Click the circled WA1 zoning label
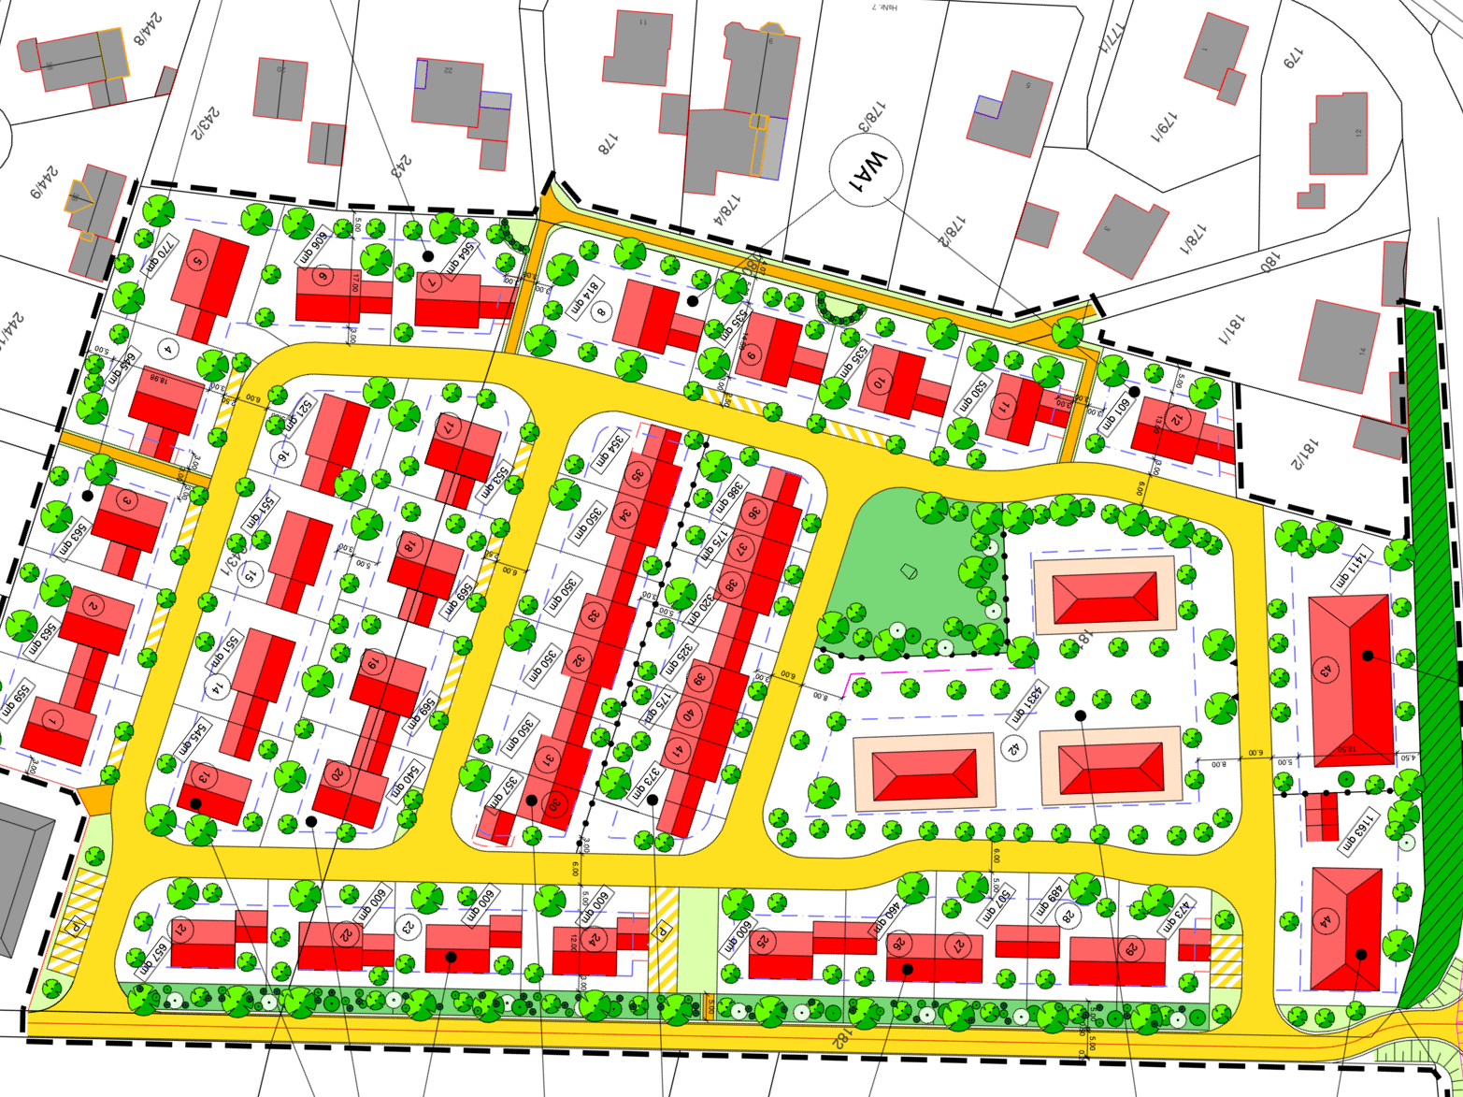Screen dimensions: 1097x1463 [866, 170]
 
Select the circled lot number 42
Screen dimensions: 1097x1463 [1011, 747]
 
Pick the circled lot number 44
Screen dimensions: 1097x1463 [1325, 921]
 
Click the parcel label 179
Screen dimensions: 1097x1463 [1292, 58]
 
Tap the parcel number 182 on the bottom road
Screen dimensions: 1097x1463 [839, 1039]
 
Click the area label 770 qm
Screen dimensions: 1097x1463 [159, 253]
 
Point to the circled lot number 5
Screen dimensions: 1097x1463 [196, 260]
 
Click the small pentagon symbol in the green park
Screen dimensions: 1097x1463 [909, 570]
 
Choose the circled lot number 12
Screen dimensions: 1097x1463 [1177, 420]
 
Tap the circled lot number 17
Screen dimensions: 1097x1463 [450, 426]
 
